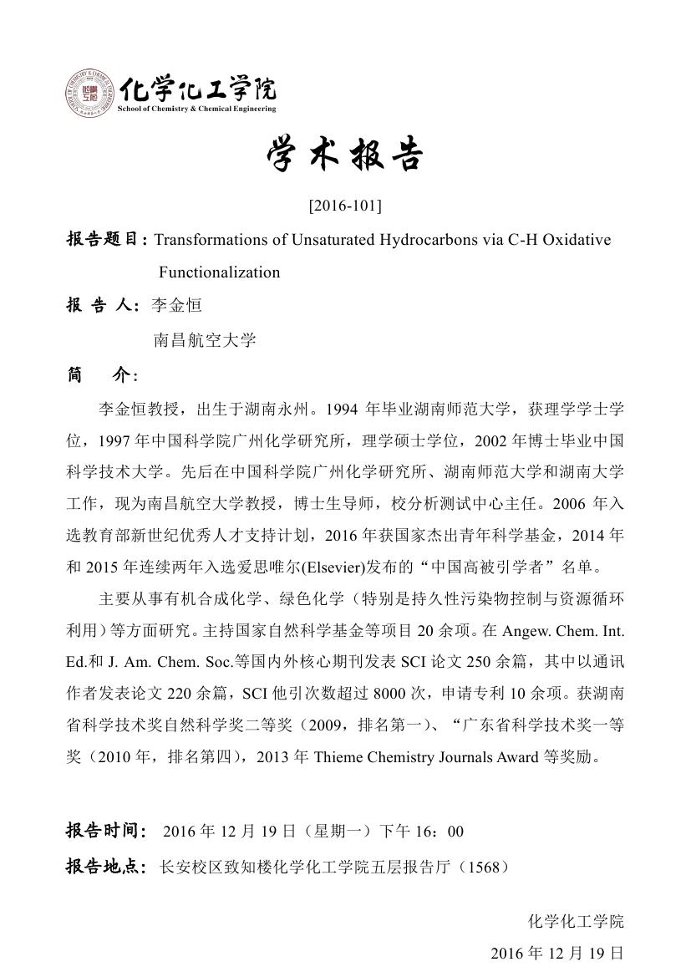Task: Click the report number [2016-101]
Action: [x=345, y=204]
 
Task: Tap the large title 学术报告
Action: [x=345, y=155]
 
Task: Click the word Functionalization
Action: [x=220, y=272]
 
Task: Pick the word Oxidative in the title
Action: [x=577, y=241]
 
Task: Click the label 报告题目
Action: [x=105, y=241]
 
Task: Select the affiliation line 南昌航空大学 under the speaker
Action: [x=205, y=340]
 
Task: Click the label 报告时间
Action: [x=105, y=832]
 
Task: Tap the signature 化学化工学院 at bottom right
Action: [x=576, y=922]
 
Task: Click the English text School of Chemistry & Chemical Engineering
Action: [x=197, y=109]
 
